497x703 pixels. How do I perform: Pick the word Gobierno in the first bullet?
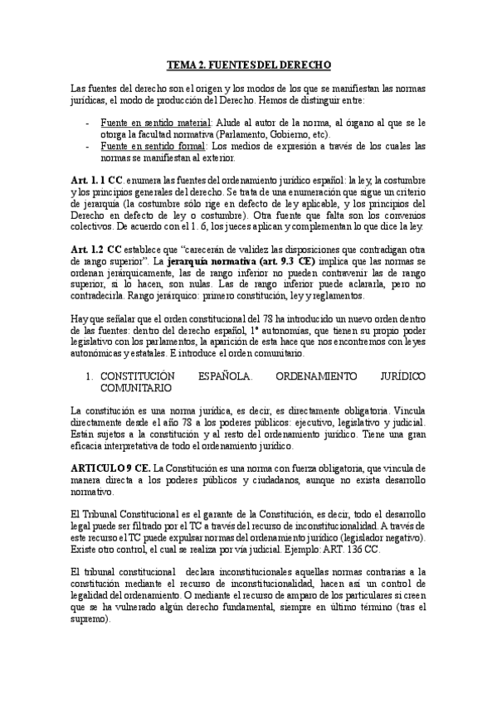[x=291, y=133]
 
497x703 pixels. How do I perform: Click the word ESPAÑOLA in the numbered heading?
[x=225, y=376]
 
